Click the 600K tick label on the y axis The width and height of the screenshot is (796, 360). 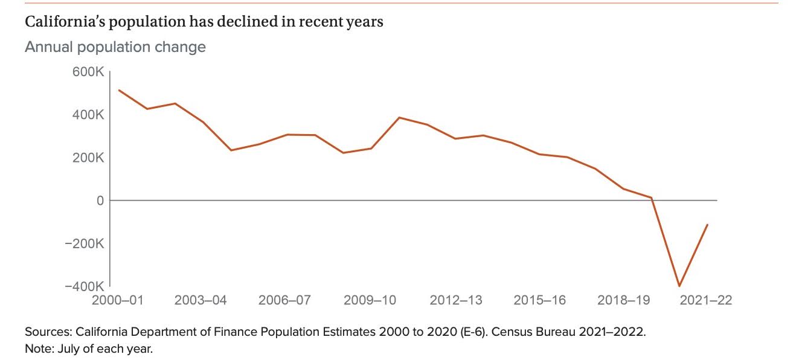88,72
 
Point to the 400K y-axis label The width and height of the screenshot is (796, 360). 88,115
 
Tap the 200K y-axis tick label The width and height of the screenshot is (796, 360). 88,158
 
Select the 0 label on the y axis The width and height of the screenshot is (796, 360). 100,201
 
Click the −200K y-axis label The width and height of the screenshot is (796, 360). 85,243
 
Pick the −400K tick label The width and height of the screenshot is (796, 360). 85,286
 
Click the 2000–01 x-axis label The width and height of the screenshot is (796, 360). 118,300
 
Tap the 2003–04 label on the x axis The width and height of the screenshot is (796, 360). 201,300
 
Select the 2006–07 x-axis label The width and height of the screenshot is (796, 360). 285,300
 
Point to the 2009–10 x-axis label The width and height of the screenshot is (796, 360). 370,300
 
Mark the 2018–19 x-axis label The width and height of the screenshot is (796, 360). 623,300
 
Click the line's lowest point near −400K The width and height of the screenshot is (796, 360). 679,286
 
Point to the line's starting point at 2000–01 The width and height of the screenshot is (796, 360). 119,90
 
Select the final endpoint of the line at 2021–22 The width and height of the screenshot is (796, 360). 707,225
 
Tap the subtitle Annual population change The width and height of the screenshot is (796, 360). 115,47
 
